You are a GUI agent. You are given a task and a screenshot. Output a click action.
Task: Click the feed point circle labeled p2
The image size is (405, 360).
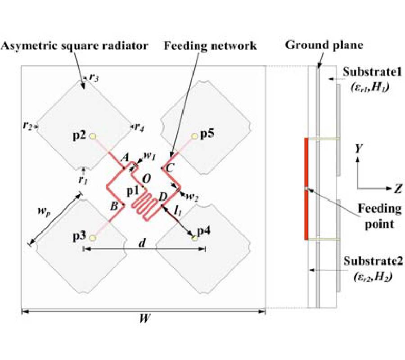[x=93, y=135]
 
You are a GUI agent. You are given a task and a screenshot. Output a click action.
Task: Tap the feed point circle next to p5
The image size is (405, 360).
[x=195, y=135]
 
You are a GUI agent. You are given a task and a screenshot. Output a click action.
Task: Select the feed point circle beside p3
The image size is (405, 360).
[x=93, y=237]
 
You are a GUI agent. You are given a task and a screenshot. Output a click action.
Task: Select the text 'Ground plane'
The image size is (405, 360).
[x=324, y=45]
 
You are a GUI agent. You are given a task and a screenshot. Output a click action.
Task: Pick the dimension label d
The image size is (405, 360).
[x=142, y=243]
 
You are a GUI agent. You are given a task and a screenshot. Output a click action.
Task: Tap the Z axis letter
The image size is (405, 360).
[x=397, y=189]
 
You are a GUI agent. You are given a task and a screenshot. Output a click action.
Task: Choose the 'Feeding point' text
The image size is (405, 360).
[x=379, y=215]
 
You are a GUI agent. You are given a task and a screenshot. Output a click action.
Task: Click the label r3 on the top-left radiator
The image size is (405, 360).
[x=93, y=77]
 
